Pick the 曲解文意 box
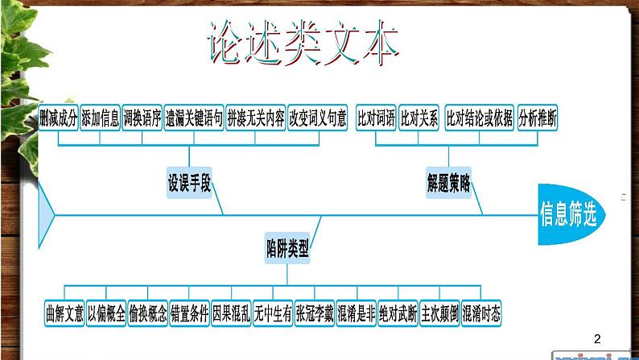64,313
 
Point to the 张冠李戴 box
314,313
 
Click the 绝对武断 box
398,313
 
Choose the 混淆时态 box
481,313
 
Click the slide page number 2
596,339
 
